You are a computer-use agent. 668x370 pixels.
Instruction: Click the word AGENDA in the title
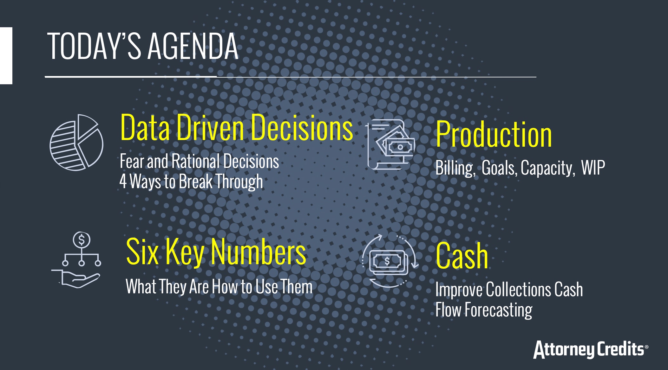[193, 46]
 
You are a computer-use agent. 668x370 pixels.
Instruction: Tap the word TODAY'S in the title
[94, 46]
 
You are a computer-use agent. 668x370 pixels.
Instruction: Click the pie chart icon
[76, 143]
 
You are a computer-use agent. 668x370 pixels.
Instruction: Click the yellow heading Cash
[462, 256]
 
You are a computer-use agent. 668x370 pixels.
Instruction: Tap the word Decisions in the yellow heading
[302, 127]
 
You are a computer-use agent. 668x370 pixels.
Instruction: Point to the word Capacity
[547, 168]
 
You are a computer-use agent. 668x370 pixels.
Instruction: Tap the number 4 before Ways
[123, 182]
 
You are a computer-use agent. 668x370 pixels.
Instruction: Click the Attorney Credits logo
[591, 349]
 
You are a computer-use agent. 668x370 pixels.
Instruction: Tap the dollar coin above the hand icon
[82, 240]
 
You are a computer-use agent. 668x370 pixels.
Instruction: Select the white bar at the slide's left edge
[6, 56]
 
